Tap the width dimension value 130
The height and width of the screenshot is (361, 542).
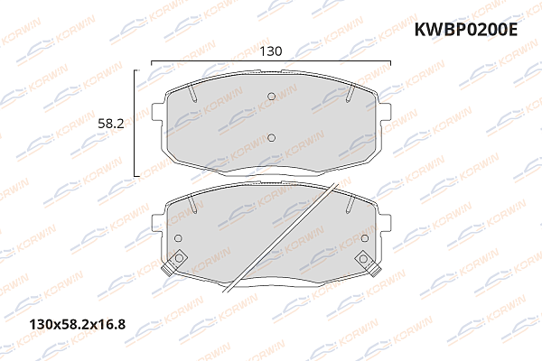pyautogui.click(x=270, y=51)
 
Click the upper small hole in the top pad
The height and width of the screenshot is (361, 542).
pyautogui.click(x=271, y=98)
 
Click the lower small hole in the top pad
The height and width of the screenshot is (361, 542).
pyautogui.click(x=271, y=137)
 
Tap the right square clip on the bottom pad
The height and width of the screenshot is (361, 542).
pyautogui.click(x=364, y=259)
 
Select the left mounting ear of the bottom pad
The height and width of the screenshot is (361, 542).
pyautogui.click(x=157, y=222)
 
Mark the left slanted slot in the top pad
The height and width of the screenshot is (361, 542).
pyautogui.click(x=193, y=93)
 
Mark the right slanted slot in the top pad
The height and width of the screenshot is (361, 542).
pyautogui.click(x=348, y=93)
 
